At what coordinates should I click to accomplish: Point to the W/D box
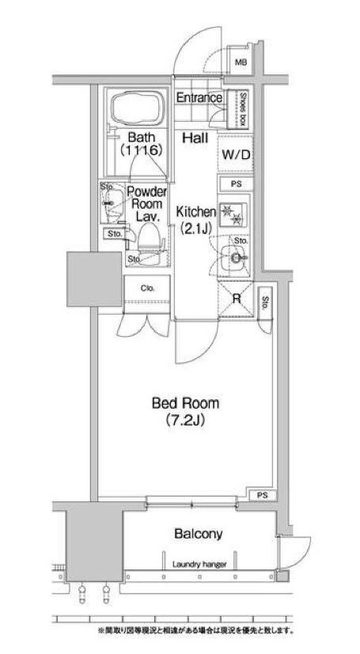(x=235, y=156)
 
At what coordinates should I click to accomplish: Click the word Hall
(x=195, y=138)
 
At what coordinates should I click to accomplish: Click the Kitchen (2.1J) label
(x=194, y=219)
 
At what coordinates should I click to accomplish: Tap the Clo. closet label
(x=148, y=289)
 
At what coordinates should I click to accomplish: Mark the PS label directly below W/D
(x=235, y=184)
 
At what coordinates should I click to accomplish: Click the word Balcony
(x=198, y=534)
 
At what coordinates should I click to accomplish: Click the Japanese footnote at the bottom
(x=196, y=630)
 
